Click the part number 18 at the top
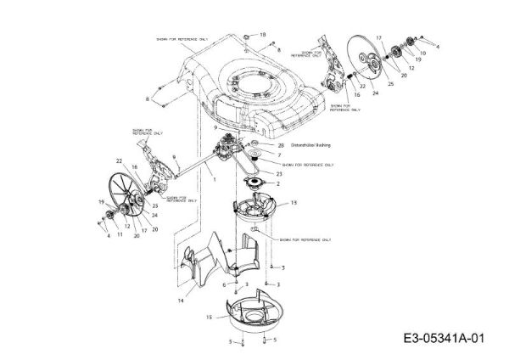(263, 34)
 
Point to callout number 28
(280, 145)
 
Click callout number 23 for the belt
(280, 172)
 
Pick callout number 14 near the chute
(180, 300)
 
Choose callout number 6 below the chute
(224, 285)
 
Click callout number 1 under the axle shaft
(215, 181)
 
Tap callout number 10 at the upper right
(422, 53)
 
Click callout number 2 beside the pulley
(278, 183)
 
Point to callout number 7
(279, 155)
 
